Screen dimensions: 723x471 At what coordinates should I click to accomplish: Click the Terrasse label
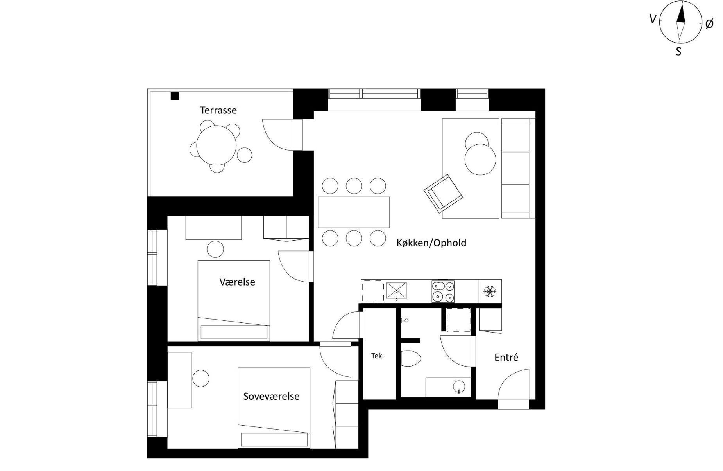[218, 110]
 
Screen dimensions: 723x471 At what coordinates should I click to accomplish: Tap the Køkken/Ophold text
[431, 243]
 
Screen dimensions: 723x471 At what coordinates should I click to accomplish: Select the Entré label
[506, 357]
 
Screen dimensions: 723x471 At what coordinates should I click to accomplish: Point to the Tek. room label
[378, 356]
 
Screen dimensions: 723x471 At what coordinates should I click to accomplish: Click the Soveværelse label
[271, 396]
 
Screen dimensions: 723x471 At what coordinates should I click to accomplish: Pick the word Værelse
[237, 282]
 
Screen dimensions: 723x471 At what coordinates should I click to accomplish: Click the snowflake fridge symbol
[490, 291]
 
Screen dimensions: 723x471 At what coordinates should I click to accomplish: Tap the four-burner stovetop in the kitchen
[443, 291]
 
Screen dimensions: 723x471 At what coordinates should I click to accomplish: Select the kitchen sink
[396, 291]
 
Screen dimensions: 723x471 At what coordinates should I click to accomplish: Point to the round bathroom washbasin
[458, 387]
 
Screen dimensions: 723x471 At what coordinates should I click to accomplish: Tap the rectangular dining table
[354, 212]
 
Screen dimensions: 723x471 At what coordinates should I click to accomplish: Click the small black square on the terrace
[175, 95]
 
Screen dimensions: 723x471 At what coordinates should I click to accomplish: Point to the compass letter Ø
[709, 24]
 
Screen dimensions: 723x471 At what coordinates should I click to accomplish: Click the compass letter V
[652, 19]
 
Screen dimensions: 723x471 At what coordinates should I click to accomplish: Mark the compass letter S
[678, 51]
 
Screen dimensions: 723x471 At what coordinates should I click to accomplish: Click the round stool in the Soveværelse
[201, 379]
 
